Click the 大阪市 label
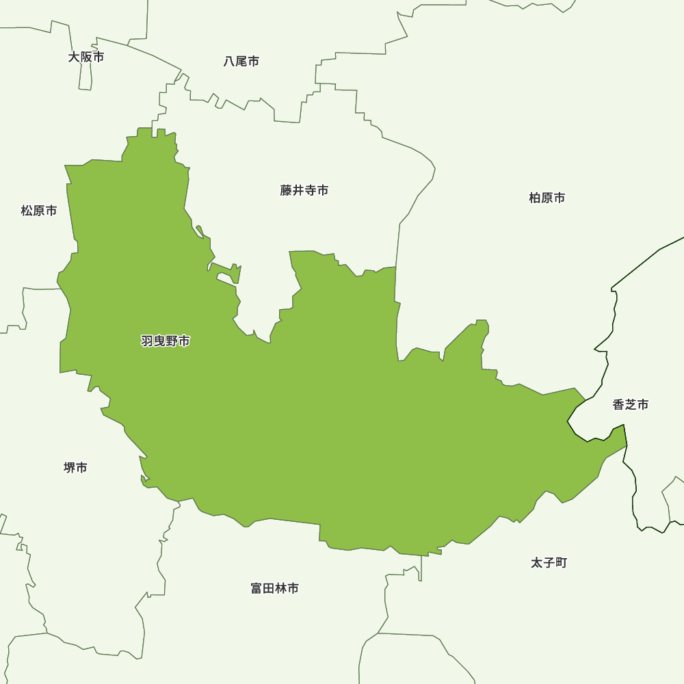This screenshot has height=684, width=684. click(86, 57)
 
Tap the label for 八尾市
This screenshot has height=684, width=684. click(241, 62)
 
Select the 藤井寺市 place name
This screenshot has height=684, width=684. click(304, 190)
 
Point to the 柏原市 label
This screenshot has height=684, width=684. click(547, 198)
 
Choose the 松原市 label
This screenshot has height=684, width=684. click(39, 211)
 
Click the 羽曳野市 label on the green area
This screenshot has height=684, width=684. click(166, 341)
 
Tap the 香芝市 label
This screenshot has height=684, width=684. click(631, 404)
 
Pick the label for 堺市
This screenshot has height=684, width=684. click(75, 468)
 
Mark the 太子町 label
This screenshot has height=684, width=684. click(549, 563)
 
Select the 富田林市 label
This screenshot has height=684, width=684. click(275, 588)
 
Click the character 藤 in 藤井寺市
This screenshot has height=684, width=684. click(287, 190)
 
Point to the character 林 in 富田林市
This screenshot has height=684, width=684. click(281, 588)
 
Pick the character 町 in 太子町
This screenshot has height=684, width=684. click(561, 563)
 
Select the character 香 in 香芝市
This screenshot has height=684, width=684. click(619, 404)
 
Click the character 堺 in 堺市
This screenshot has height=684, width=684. click(69, 468)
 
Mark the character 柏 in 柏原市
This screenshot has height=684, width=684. click(535, 198)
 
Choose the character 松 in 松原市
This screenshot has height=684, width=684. click(27, 211)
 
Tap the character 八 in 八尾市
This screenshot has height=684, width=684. click(230, 62)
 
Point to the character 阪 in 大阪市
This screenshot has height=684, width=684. click(86, 57)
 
